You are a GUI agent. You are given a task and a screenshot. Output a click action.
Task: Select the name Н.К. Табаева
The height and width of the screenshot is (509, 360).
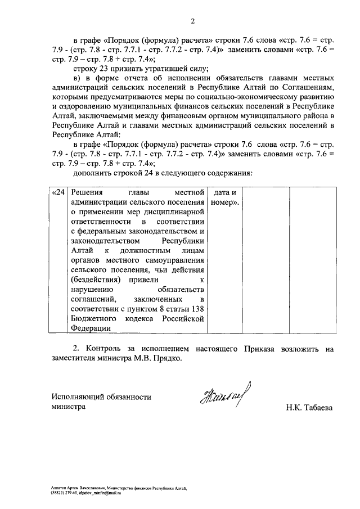[309, 408]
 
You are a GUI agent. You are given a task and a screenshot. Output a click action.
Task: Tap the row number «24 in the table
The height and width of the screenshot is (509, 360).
[58, 193]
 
